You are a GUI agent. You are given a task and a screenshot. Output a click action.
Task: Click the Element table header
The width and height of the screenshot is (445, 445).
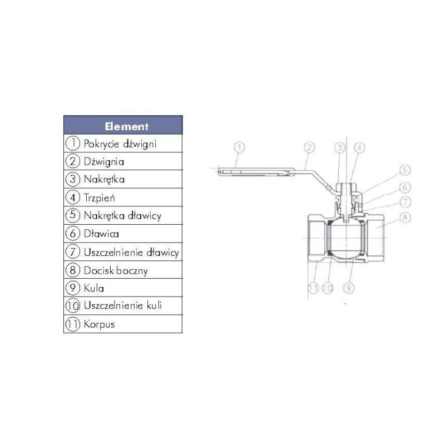point(127,126)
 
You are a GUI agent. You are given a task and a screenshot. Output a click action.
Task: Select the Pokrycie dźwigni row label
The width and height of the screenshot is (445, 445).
point(120,144)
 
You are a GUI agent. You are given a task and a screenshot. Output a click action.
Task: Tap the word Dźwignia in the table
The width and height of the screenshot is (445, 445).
point(104,161)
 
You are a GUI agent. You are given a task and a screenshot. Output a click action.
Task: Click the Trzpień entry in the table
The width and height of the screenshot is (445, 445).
point(100,197)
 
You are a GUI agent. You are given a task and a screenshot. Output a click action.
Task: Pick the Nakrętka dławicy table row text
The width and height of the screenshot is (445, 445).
point(122,216)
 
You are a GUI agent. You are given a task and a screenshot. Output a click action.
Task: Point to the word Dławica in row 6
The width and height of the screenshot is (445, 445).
point(101,234)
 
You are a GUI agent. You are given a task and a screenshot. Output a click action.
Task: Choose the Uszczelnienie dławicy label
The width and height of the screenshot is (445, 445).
point(131,252)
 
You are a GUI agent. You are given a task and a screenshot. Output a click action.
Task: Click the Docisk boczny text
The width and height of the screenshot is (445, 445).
point(116,270)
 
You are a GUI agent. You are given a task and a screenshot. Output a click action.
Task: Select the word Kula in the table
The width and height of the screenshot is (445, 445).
point(93,288)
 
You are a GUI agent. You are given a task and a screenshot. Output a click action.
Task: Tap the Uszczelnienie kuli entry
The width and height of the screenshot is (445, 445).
point(122,305)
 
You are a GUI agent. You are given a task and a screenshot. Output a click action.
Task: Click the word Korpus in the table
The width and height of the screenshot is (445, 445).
point(100,324)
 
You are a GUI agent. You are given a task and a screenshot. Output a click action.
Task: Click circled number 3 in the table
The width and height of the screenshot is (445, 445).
point(73,179)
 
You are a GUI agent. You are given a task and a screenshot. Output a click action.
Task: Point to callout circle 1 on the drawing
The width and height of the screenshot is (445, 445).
point(239,147)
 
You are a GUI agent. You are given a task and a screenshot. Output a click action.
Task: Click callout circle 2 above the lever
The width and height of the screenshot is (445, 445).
point(309,147)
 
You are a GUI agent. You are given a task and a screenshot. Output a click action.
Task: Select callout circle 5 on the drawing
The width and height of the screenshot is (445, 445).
point(405,170)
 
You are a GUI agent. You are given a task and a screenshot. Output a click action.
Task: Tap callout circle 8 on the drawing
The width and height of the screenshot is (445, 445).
point(405,217)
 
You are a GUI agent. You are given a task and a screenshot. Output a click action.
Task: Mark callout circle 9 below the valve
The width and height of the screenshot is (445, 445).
point(349,288)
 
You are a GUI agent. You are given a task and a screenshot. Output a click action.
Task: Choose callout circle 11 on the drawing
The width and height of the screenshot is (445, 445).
point(313,288)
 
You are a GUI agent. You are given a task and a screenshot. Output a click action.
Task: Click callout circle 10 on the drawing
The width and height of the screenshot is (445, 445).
point(327,288)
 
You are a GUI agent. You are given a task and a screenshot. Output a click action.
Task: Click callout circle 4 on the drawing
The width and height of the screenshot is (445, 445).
point(359,147)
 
